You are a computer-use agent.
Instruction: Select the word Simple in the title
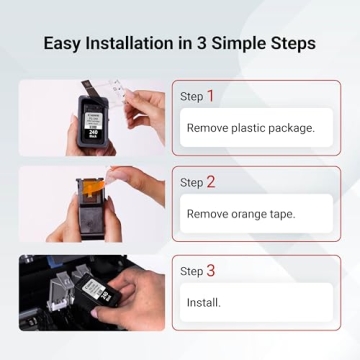click(234, 44)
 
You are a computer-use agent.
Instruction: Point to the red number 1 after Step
click(211, 96)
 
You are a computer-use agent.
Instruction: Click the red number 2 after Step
click(211, 182)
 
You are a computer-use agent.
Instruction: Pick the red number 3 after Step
click(211, 270)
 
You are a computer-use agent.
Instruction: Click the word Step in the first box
click(191, 97)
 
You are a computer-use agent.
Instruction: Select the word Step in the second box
click(191, 183)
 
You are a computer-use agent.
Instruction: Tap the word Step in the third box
click(191, 271)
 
